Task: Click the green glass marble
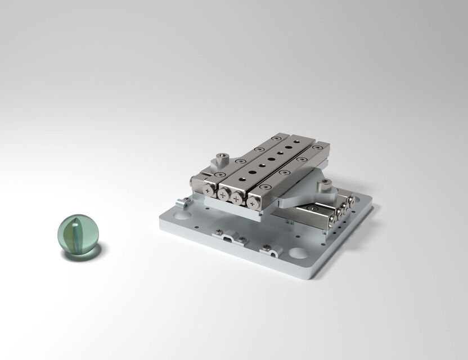[78, 236]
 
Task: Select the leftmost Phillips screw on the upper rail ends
[210, 192]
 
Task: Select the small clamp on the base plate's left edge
[182, 202]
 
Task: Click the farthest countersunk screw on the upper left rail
[275, 138]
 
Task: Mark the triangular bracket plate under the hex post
[307, 194]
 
